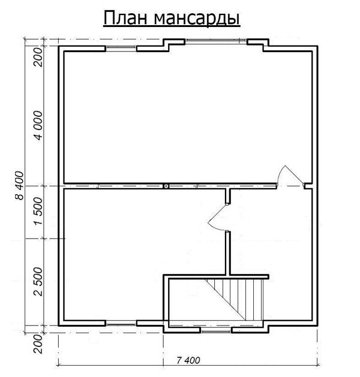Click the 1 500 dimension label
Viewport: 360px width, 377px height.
tap(38, 213)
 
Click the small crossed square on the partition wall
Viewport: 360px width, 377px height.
tap(166, 186)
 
